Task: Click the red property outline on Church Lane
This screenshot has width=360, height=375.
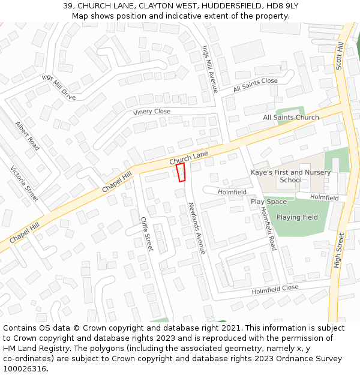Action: (x=181, y=173)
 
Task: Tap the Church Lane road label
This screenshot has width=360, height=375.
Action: (x=188, y=158)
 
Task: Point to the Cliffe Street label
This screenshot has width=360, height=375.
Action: (x=146, y=234)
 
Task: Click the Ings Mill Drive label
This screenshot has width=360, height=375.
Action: (x=59, y=87)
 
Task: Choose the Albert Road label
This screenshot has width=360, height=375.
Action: (x=27, y=136)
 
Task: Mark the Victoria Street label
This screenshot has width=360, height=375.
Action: (x=24, y=184)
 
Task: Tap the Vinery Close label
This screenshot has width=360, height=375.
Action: (x=151, y=112)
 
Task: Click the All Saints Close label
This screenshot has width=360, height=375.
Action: (x=256, y=85)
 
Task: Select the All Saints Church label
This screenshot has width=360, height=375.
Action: (x=291, y=117)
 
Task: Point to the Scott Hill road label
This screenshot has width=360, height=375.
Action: (x=340, y=56)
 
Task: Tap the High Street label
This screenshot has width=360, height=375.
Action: (x=339, y=250)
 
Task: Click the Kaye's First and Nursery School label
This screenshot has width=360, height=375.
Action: (x=290, y=176)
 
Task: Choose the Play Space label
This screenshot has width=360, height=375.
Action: (x=268, y=202)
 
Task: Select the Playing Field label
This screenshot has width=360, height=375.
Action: (x=297, y=217)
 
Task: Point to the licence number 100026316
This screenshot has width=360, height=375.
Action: (x=25, y=368)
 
